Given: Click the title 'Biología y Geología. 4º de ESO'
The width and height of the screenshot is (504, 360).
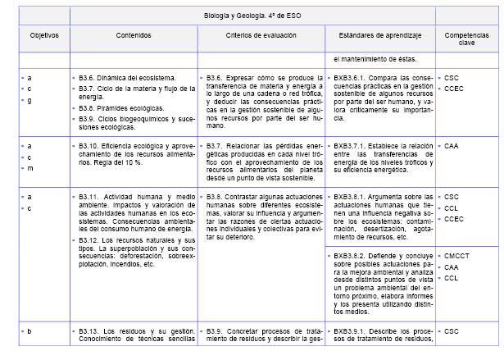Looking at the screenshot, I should tap(252, 15).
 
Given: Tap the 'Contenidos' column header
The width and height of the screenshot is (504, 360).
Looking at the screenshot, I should tap(134, 38).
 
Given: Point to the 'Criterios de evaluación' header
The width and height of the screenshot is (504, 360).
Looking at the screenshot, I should tap(260, 38).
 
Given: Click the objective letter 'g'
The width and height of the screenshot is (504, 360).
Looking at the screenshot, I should tap(30, 100).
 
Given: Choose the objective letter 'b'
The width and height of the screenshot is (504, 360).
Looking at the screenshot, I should tap(30, 330).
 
